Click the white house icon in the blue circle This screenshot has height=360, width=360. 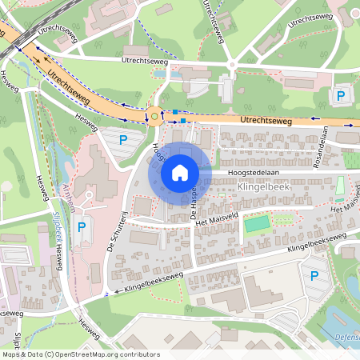180,173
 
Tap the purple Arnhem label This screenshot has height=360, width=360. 66,197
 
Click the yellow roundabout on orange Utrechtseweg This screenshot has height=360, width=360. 154,118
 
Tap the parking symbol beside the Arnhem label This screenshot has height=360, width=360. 81,228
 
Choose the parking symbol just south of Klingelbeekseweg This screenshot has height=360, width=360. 314,276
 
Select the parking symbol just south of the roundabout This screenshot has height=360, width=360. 123,140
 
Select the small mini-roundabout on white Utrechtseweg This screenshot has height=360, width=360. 232,64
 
